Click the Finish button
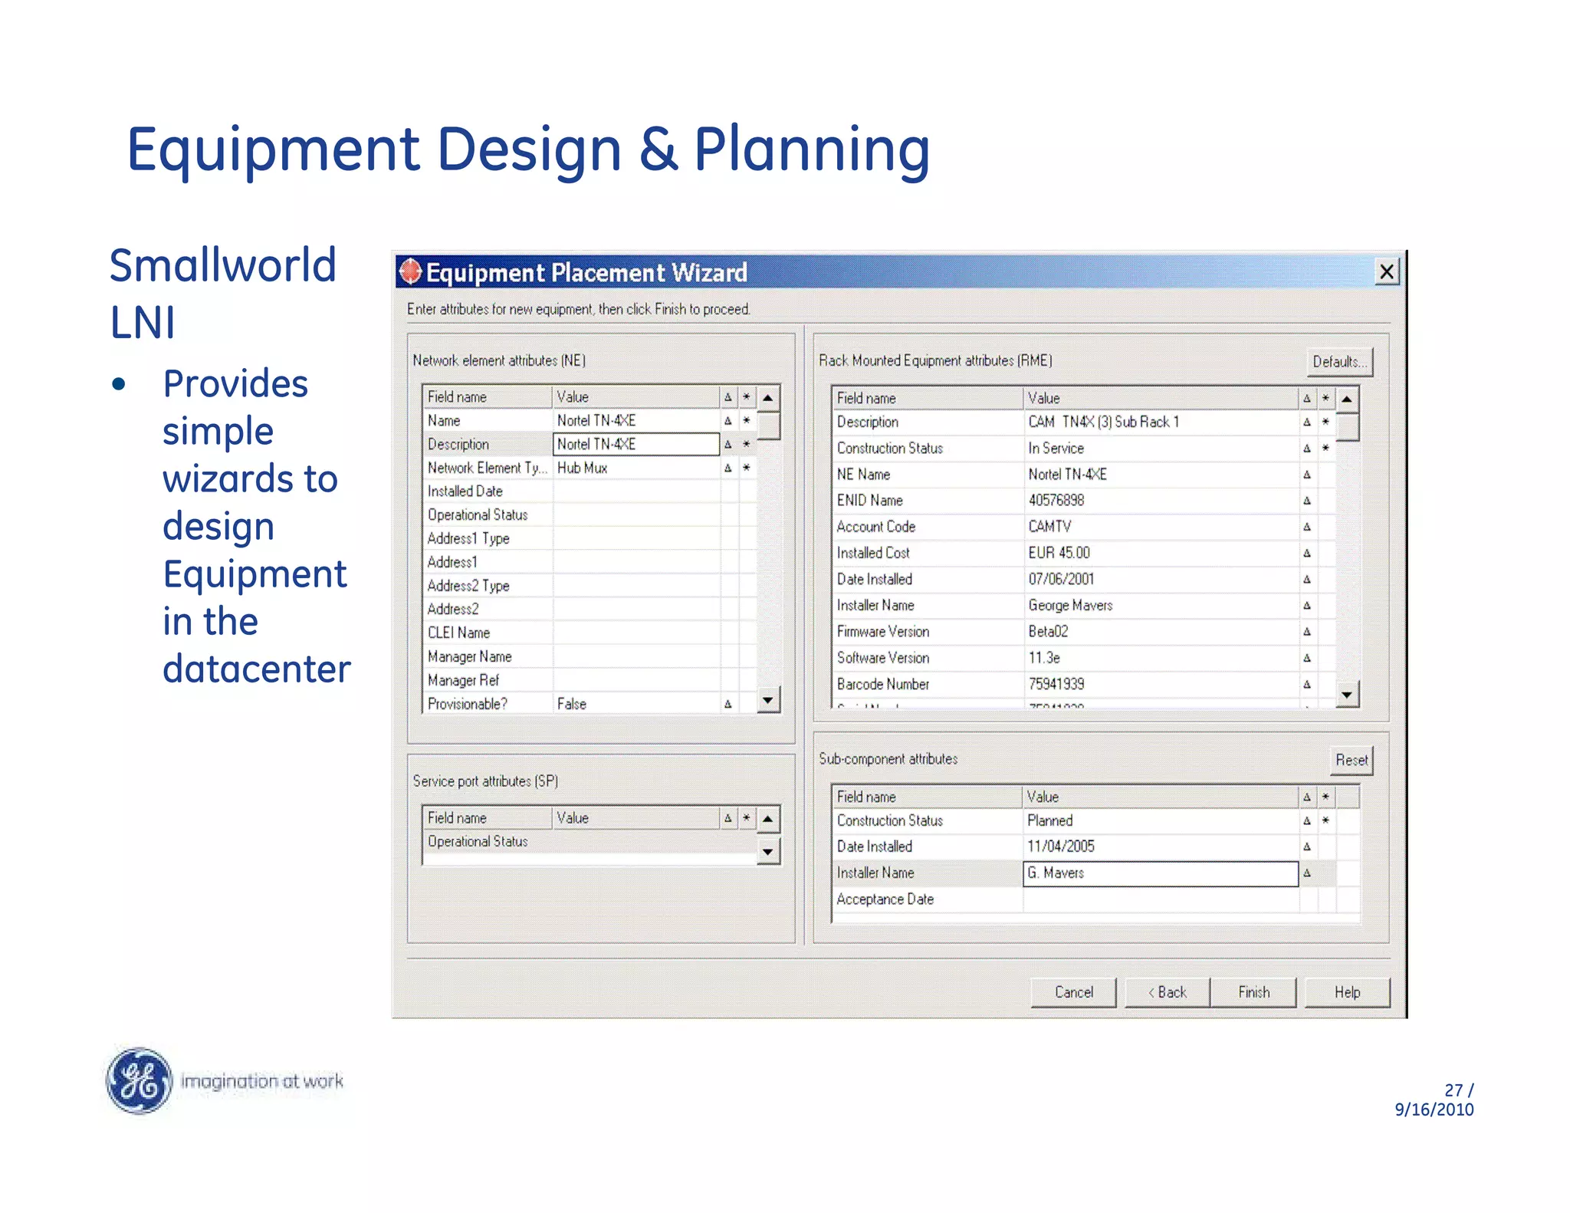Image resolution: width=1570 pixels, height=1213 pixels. click(x=1253, y=992)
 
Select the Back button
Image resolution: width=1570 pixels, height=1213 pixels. click(x=1167, y=992)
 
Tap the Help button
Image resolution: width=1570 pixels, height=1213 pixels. click(x=1347, y=992)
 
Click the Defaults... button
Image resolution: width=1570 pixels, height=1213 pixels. click(x=1338, y=362)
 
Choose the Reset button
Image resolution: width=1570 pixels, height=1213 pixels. click(x=1351, y=760)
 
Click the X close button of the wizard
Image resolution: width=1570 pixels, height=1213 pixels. click(x=1386, y=271)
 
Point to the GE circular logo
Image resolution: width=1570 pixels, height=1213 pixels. click(x=139, y=1080)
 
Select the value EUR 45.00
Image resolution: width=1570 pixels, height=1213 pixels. click(x=1059, y=553)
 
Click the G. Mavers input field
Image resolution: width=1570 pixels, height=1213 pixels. click(x=1159, y=873)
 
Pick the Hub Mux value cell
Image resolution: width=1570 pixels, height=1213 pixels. click(x=583, y=468)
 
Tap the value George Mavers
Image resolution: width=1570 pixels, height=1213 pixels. click(x=1070, y=606)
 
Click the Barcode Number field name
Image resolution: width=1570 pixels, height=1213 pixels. click(x=883, y=684)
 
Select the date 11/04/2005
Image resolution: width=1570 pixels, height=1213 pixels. click(x=1061, y=846)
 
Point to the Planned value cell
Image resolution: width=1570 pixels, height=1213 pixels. click(x=1050, y=820)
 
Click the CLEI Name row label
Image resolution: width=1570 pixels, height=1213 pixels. click(x=458, y=633)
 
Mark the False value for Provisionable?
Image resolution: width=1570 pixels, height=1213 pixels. click(x=572, y=704)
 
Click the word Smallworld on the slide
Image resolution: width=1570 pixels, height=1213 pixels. click(x=223, y=265)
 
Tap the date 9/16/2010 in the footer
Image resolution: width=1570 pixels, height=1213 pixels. click(x=1434, y=1109)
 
